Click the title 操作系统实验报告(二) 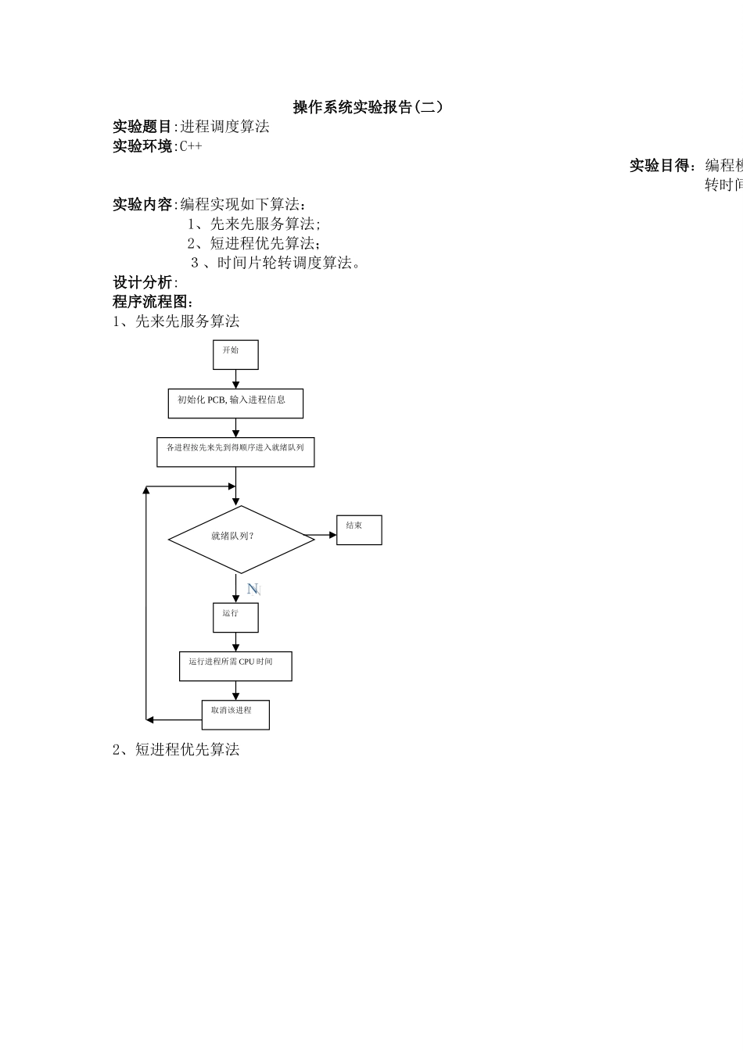368,107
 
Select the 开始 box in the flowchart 235,354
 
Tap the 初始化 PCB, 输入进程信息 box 235,404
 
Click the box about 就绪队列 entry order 235,452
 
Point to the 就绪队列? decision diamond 241,539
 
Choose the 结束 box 359,529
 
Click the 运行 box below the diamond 235,617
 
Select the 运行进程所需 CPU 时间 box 235,665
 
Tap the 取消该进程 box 235,714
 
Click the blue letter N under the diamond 253,589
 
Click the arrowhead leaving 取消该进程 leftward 150,719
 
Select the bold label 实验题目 142,127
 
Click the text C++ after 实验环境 191,146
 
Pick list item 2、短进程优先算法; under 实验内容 253,243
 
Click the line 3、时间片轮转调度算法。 275,263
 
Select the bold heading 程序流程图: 153,302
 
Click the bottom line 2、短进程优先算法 176,750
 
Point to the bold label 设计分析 142,282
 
